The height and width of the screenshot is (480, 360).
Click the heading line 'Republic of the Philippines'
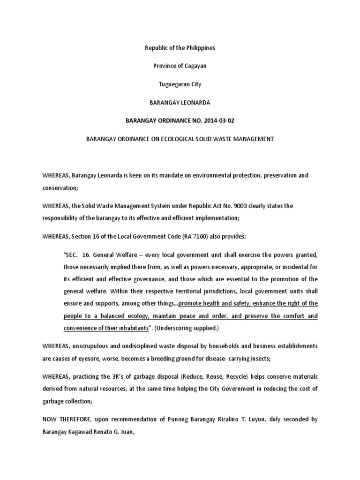(x=180, y=48)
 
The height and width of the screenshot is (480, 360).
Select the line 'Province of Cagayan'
(x=180, y=66)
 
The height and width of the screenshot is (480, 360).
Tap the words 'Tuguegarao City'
(x=180, y=84)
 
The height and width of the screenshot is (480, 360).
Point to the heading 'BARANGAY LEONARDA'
(x=180, y=102)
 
